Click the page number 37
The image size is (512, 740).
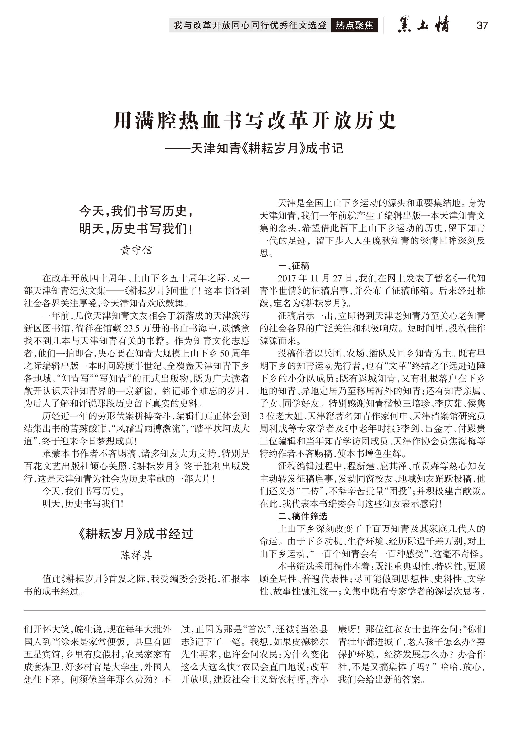click(x=482, y=25)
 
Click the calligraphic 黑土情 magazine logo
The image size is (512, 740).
click(x=423, y=25)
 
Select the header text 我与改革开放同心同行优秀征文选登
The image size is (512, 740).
click(x=250, y=25)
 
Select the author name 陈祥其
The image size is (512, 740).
click(x=136, y=555)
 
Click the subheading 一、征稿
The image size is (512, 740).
click(x=294, y=266)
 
